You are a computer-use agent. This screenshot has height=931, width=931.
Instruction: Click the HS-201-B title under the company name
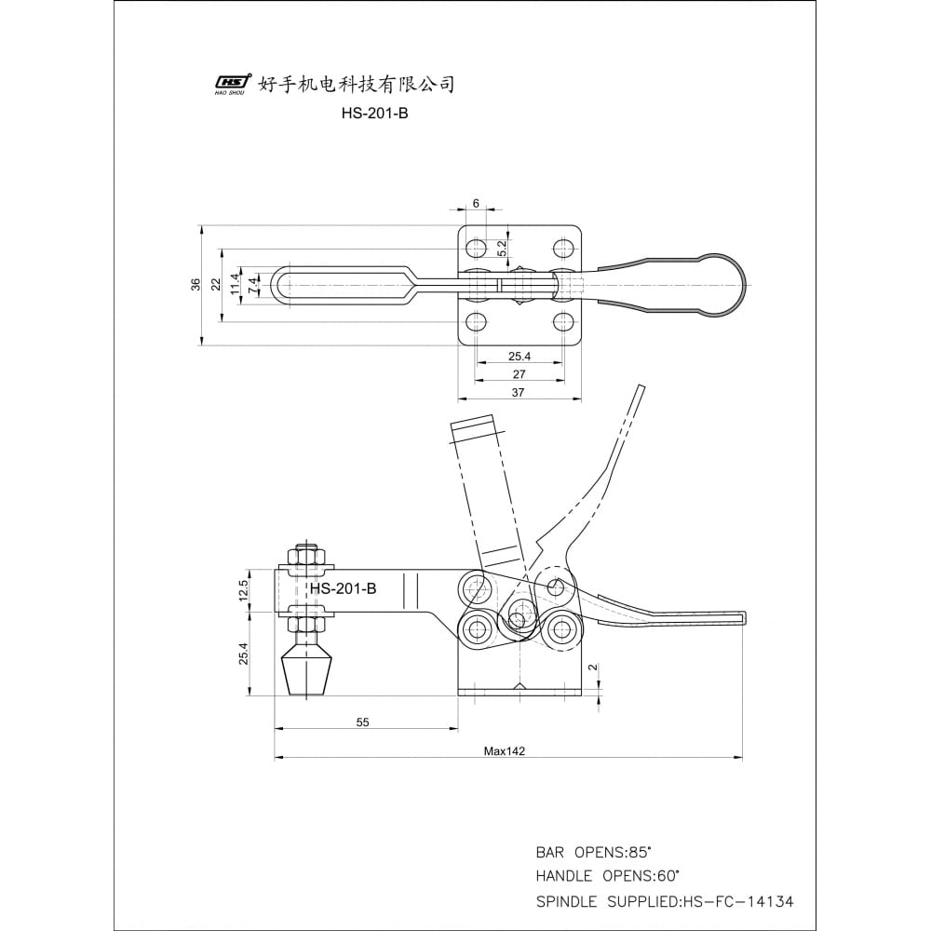click(374, 114)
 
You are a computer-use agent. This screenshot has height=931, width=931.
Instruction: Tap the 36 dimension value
click(196, 284)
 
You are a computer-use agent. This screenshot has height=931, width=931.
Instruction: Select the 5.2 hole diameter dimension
click(503, 248)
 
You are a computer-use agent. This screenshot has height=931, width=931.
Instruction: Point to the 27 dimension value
click(519, 374)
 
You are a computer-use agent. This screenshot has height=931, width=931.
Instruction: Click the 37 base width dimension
click(518, 393)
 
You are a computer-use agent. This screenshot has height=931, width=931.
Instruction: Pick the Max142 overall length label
click(504, 751)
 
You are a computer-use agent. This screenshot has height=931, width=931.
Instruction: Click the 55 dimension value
click(363, 722)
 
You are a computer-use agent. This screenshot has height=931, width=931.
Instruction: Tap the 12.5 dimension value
click(243, 591)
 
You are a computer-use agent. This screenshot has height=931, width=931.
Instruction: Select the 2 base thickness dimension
click(593, 668)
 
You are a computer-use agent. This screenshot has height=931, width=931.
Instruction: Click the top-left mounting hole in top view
click(476, 248)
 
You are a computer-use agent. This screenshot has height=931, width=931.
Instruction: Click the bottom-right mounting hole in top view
click(562, 322)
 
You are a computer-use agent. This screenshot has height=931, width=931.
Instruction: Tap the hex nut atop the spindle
click(305, 557)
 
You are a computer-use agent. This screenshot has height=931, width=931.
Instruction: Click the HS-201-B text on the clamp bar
click(344, 588)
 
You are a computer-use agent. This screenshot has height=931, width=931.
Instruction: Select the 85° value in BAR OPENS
click(640, 853)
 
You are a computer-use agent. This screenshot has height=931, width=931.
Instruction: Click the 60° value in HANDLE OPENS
click(667, 876)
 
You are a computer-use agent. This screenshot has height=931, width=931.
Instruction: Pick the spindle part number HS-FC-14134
click(738, 901)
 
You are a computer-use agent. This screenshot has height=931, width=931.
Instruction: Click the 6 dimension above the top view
click(476, 203)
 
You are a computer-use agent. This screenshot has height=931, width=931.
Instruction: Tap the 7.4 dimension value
click(253, 286)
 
